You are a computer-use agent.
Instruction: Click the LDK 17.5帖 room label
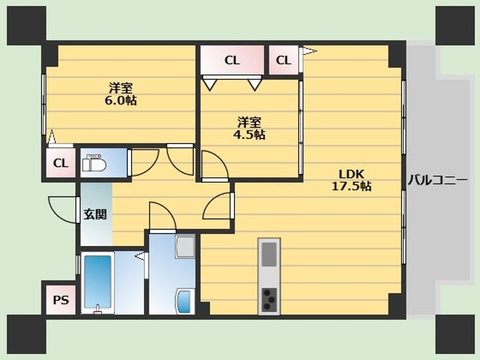(352, 180)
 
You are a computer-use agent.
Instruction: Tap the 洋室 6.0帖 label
(121, 94)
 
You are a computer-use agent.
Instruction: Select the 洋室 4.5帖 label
(249, 128)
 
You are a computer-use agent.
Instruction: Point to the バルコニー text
(437, 180)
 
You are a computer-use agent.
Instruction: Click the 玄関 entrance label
(95, 214)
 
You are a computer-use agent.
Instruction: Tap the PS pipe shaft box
(61, 300)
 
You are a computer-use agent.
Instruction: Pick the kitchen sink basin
(269, 254)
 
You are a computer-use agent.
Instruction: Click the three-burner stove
(269, 299)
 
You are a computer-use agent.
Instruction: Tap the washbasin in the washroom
(185, 301)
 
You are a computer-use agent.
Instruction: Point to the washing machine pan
(185, 246)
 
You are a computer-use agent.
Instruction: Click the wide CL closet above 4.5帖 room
(233, 60)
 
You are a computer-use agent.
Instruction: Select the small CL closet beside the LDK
(284, 60)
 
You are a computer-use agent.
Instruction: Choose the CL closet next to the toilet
(61, 163)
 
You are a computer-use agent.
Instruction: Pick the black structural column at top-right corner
(455, 25)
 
